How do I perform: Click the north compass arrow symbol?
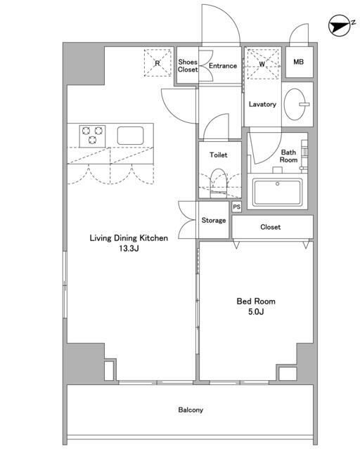340,25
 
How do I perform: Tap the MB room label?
298,62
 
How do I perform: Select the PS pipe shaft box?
237,207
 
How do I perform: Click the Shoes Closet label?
188,65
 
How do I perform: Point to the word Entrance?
223,65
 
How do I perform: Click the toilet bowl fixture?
219,183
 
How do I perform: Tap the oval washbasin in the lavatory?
295,104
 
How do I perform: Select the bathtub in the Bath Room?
278,192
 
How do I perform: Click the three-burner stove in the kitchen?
92,136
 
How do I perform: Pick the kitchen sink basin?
130,136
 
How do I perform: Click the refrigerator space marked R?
157,63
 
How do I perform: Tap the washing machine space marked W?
263,64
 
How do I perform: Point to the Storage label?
214,220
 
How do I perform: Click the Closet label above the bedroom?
270,227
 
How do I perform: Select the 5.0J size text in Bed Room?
256,311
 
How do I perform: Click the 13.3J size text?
129,248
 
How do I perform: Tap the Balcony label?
191,410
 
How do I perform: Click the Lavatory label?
262,104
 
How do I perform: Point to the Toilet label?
219,155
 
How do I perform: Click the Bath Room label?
288,156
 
